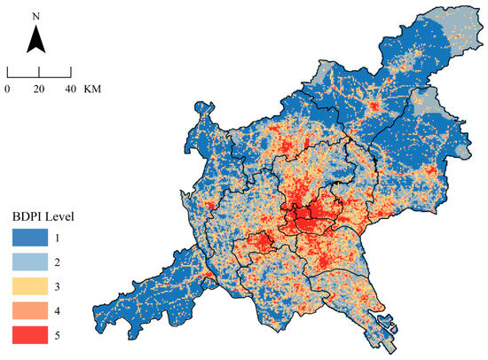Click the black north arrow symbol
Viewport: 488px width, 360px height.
(x=35, y=40)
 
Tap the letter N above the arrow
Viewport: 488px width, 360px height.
(x=35, y=16)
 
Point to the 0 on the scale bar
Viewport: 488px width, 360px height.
(x=8, y=89)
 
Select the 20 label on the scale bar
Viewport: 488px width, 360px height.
(x=37, y=89)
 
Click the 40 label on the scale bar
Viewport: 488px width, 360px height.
(x=67, y=89)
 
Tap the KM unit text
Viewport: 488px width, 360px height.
(x=92, y=89)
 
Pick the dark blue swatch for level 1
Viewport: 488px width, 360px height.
(x=31, y=238)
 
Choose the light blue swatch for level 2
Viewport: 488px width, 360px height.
(x=31, y=262)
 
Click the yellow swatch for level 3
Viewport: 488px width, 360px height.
(x=31, y=286)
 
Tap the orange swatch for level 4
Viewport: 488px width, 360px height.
(x=31, y=309)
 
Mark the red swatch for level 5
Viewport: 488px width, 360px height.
(x=31, y=333)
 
